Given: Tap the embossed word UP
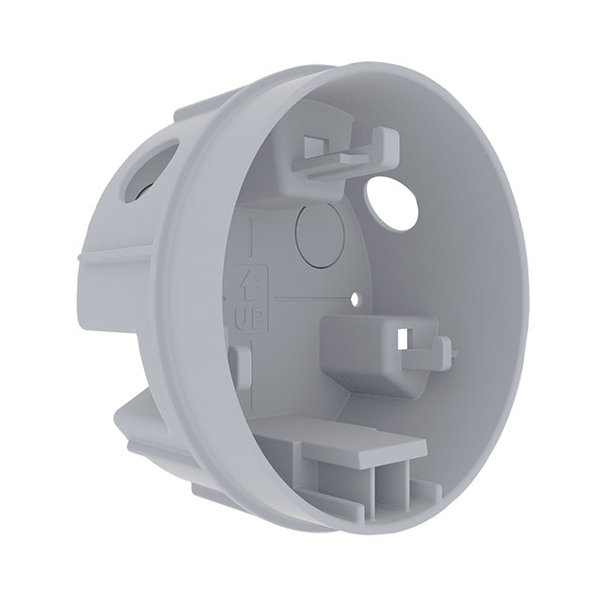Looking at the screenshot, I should coord(247,318).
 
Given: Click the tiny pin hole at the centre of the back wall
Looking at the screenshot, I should coord(356,300).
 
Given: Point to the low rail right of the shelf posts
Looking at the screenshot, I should coord(426,489).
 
